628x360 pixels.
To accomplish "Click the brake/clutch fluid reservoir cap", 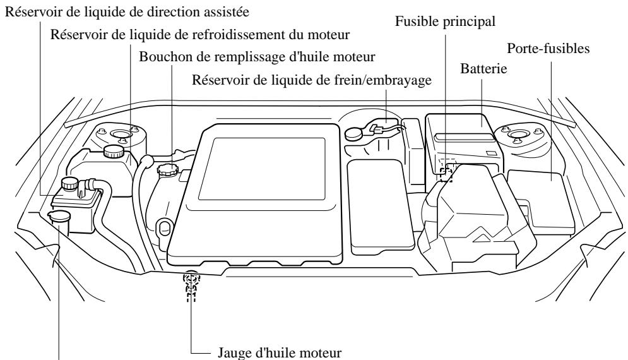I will [353, 133].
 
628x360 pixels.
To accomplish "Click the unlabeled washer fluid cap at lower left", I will [59, 217].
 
